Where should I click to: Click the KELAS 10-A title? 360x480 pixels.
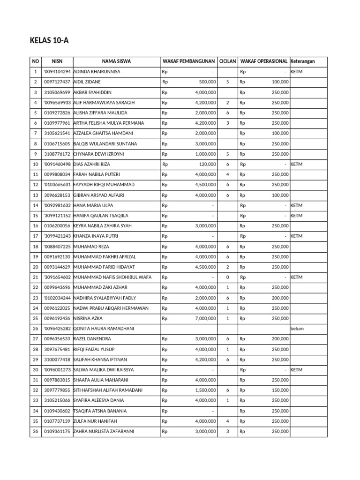pyautogui.click(x=49, y=40)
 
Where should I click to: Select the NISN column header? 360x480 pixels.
pyautogui.click(x=57, y=61)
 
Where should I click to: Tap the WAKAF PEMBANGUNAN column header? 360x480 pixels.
pyautogui.click(x=188, y=61)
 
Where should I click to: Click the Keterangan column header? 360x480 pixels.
pyautogui.click(x=303, y=61)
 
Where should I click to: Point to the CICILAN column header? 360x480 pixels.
pyautogui.click(x=227, y=61)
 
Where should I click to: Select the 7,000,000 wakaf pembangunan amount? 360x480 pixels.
pyautogui.click(x=205, y=318)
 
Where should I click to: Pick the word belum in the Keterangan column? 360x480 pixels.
pyautogui.click(x=297, y=329)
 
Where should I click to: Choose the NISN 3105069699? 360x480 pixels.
pyautogui.click(x=57, y=92)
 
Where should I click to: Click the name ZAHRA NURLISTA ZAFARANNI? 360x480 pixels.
pyautogui.click(x=104, y=431)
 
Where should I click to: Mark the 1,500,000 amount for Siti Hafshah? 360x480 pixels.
pyautogui.click(x=205, y=390)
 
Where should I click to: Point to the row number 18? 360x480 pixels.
pyautogui.click(x=35, y=247)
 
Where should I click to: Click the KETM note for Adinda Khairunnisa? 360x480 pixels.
pyautogui.click(x=297, y=72)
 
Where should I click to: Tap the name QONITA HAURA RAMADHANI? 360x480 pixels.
pyautogui.click(x=103, y=329)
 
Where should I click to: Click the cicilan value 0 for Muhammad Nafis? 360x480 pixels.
pyautogui.click(x=227, y=277)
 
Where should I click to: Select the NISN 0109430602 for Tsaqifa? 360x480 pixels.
pyautogui.click(x=57, y=411)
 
